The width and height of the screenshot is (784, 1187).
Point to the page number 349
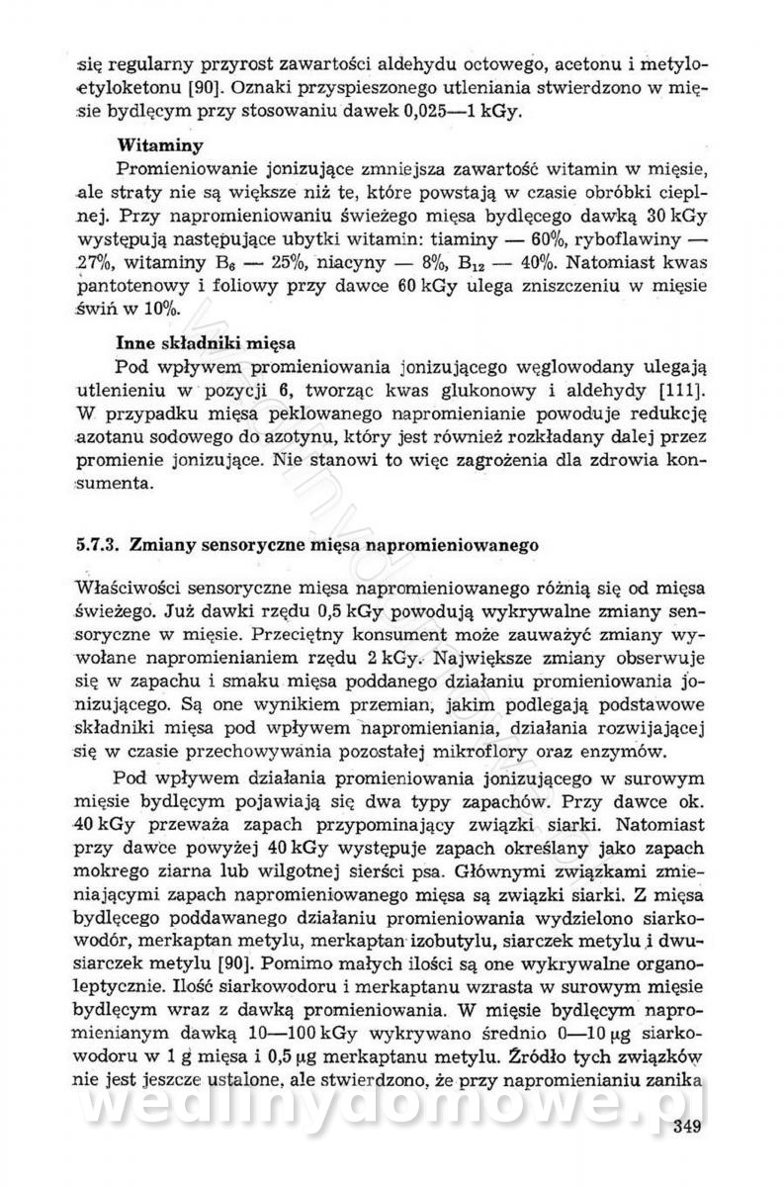pyautogui.click(x=689, y=1126)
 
